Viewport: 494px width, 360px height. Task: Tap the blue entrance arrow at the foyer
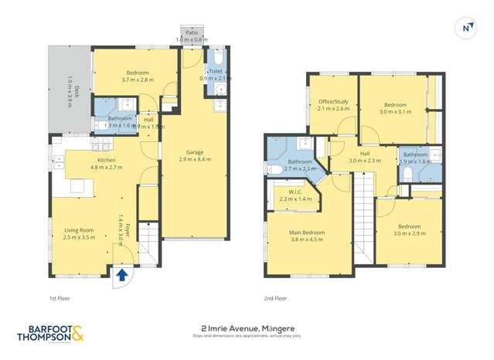[122, 273]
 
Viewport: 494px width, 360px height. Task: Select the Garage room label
[194, 155]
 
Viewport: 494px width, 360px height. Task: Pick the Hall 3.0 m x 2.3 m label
[365, 157]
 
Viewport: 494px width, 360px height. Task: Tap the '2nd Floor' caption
[276, 297]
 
